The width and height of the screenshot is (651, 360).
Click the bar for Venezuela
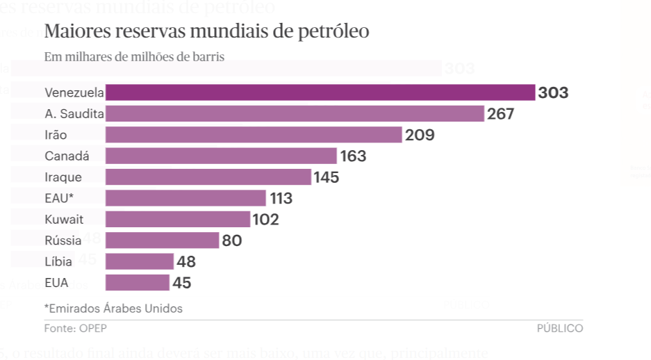320,92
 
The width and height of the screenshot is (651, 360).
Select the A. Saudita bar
294,114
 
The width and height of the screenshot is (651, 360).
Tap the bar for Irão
254,135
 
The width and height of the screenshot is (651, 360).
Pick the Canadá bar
221,156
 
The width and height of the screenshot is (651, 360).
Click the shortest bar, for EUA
137,282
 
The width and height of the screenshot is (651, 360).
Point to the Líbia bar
139,261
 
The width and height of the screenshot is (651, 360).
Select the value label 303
553,92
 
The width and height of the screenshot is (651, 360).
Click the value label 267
500,114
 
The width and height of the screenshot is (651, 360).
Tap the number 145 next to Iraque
326,177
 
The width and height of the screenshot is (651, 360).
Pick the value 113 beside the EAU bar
281,198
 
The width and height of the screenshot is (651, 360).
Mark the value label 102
265,220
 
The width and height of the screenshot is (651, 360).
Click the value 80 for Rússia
231,240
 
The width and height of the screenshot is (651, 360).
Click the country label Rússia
63,240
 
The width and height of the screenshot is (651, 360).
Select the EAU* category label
59,198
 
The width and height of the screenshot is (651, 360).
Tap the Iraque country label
63,177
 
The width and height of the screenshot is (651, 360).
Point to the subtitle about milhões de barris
134,57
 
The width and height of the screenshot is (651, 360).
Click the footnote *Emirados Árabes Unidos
113,308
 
